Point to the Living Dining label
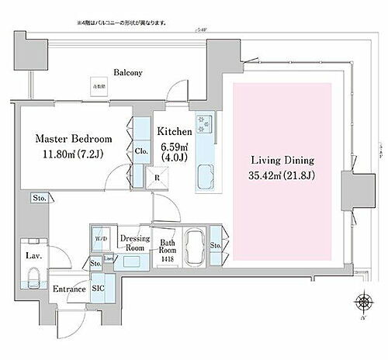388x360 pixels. click(x=280, y=160)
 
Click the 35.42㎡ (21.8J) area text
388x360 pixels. click(x=280, y=176)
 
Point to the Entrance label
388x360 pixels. click(x=68, y=289)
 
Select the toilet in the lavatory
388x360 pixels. click(x=33, y=277)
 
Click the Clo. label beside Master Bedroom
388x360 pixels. click(x=141, y=151)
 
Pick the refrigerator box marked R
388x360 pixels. click(x=158, y=177)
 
